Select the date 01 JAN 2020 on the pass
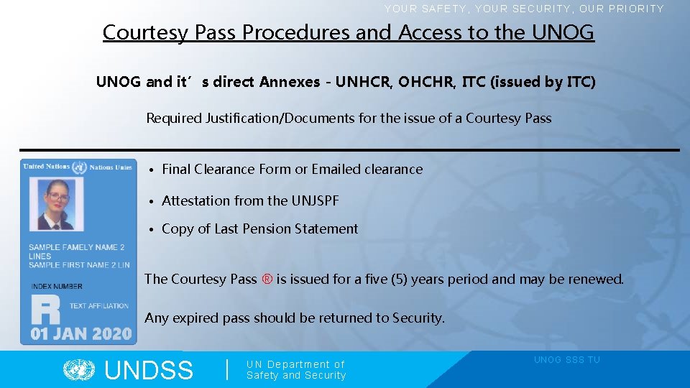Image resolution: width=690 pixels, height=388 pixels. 80,333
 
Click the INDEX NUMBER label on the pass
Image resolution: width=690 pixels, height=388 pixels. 57,286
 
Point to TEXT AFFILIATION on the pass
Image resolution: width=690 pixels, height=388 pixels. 99,305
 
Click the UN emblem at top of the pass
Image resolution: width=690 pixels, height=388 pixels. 79,167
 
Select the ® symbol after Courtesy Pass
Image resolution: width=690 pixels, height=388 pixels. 267,279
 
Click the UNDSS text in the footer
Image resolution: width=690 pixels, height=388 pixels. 149,371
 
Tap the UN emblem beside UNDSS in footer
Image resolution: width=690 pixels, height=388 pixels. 79,370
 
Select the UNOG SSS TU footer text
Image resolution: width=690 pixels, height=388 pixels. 566,360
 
